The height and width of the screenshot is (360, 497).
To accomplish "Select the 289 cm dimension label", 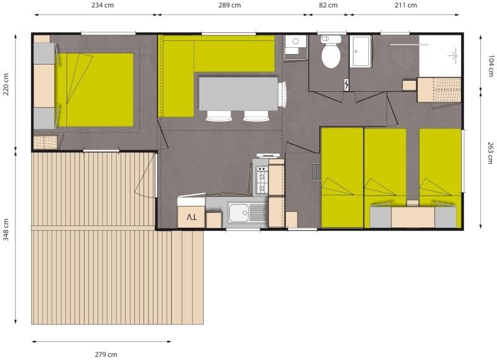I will pos(229,5).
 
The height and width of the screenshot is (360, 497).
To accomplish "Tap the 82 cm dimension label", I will pos(328,5).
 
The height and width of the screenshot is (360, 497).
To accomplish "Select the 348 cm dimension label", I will pos(6,231).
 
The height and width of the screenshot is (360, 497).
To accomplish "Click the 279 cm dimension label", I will pos(105,354).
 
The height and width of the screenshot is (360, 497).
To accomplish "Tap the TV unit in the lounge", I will pos(191,217).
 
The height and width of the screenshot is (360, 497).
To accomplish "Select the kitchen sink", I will pos(239,214).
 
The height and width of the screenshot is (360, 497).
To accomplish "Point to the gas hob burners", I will pos(262,180).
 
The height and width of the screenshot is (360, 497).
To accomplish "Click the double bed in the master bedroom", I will pos(96,89).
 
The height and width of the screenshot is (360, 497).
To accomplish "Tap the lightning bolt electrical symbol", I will pos(346,84).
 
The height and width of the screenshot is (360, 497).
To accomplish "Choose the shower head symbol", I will pos(448,55).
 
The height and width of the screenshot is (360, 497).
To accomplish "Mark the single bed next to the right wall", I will pos(440,164).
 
